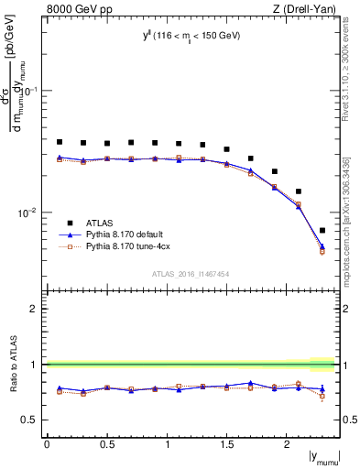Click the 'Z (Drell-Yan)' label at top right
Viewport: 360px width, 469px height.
(308, 8)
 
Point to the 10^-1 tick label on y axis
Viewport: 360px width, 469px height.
(28, 91)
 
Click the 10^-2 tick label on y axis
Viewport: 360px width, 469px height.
(28, 213)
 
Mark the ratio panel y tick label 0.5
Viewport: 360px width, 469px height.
(31, 420)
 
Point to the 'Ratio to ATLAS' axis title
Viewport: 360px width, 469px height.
(12, 364)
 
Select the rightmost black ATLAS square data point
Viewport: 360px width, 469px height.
(322, 230)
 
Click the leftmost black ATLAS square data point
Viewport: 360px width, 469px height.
(60, 142)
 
